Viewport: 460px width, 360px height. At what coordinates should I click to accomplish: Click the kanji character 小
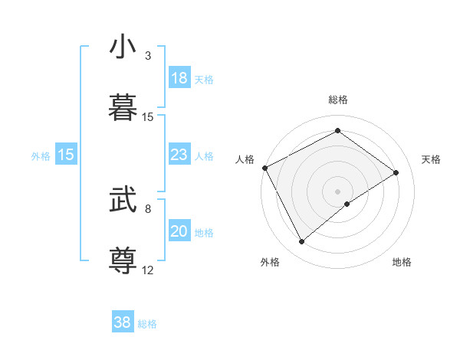pos(123,47)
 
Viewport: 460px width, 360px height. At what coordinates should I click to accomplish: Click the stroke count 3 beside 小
pos(148,56)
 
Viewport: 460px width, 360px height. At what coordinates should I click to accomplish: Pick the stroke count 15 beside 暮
pos(148,117)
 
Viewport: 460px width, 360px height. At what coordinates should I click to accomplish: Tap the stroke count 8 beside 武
pos(148,208)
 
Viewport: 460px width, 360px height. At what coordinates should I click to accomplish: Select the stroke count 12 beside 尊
pos(148,270)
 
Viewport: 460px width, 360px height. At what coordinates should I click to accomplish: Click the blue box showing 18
pos(179,78)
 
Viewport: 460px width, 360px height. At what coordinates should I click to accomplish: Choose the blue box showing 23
pos(179,155)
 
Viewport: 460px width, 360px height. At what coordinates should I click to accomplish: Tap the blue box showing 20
pos(179,231)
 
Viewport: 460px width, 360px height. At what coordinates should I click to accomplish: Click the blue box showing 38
pos(123,323)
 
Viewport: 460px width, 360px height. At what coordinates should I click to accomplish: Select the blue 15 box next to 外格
pos(66,155)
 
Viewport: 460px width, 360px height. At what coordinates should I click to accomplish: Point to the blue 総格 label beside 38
pos(147,324)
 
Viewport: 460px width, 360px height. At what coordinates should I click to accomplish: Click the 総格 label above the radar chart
pos(337,100)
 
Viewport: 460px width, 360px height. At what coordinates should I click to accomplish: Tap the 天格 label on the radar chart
pos(431,159)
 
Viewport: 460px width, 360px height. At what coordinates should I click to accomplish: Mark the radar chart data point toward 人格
pos(264,168)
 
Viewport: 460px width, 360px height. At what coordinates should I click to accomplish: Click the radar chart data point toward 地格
pos(347,204)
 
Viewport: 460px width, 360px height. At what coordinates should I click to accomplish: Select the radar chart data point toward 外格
pos(302,242)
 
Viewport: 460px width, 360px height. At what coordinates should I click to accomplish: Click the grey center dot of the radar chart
pos(337,191)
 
